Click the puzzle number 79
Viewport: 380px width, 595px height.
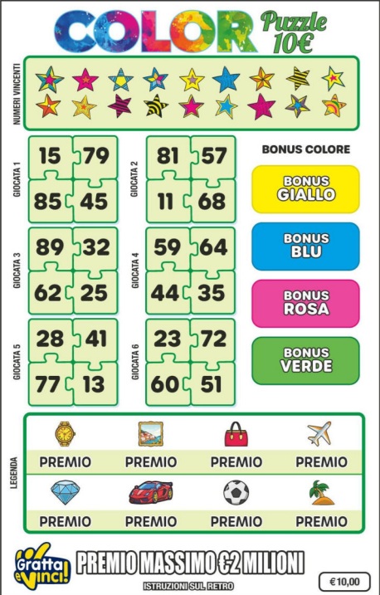97,156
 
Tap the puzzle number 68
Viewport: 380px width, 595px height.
213,202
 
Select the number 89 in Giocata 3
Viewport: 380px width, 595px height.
50,247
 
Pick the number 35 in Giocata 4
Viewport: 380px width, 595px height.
213,292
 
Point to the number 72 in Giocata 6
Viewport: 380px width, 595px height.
213,339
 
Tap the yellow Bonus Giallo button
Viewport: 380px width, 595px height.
305,188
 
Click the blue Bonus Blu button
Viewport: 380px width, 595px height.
305,246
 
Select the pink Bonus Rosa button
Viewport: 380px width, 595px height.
305,303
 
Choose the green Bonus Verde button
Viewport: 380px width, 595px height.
305,360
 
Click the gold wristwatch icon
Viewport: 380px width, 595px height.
65,433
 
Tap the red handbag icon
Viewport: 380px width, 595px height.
236,434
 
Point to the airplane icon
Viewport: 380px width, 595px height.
320,433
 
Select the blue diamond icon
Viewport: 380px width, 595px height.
65,492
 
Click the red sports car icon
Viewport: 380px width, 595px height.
150,493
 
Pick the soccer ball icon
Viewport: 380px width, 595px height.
236,493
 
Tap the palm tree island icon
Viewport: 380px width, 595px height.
321,492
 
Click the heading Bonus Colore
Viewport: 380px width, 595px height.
305,150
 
